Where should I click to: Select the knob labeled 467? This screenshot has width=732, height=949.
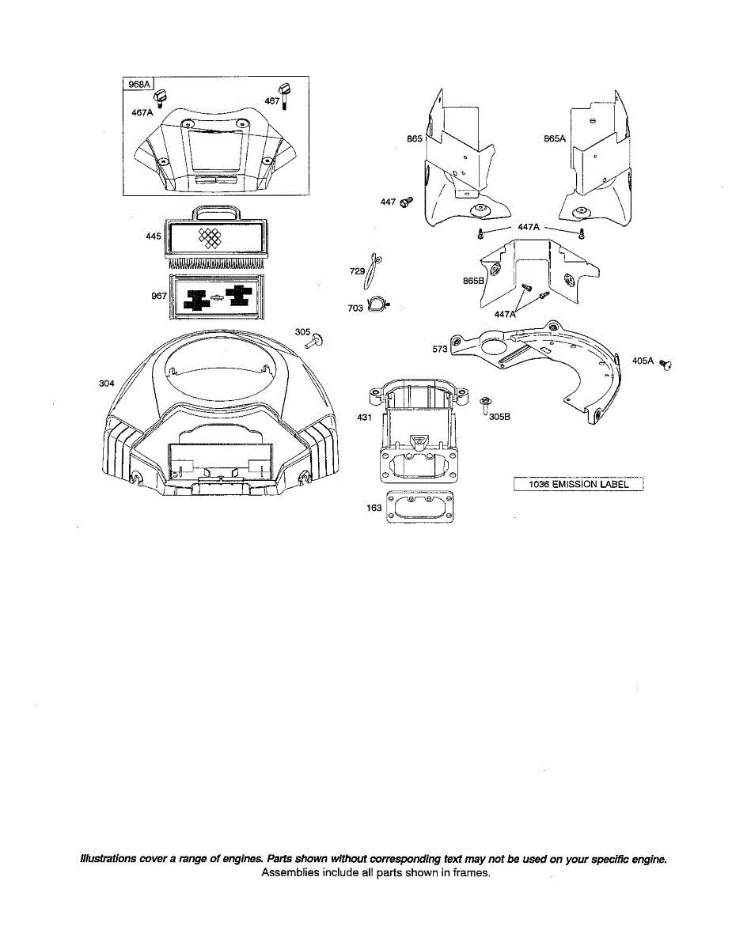(281, 89)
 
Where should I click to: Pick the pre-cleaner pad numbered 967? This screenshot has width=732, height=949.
(214, 297)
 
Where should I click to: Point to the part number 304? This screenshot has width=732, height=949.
(106, 384)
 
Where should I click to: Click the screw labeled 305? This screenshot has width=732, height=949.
(315, 342)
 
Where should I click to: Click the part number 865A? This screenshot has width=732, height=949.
(555, 138)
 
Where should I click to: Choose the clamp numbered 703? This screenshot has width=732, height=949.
(378, 304)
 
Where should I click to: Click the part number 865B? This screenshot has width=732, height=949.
(473, 281)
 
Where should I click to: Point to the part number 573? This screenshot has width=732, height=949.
(440, 348)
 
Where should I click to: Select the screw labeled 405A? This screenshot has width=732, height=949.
(665, 364)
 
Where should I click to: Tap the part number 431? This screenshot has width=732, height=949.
(364, 417)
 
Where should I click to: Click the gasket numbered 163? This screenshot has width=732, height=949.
(419, 509)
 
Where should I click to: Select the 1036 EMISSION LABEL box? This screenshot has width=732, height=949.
(578, 484)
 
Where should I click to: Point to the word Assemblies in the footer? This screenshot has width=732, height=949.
(289, 873)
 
